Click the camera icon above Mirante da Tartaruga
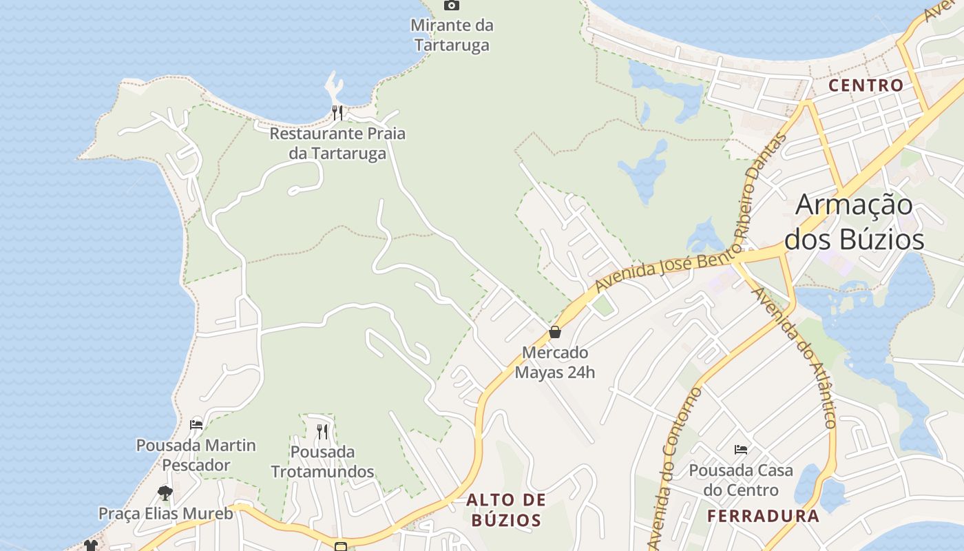tap(452, 6)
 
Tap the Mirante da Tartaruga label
tap(452, 35)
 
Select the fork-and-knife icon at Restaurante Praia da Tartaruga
tap(337, 112)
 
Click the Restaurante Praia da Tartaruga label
tap(337, 143)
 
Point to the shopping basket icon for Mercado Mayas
tap(555, 332)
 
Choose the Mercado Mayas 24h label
tap(555, 362)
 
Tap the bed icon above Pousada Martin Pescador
tap(196, 424)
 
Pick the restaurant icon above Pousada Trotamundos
tap(322, 432)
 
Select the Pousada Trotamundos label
tap(322, 461)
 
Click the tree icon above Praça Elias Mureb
tap(165, 492)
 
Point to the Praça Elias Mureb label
tap(166, 513)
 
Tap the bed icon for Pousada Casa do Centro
tap(741, 450)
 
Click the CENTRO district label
tap(866, 85)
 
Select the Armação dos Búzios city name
tap(855, 222)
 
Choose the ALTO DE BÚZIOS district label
tap(506, 510)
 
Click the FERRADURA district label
tap(764, 516)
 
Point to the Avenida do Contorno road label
tap(674, 468)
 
